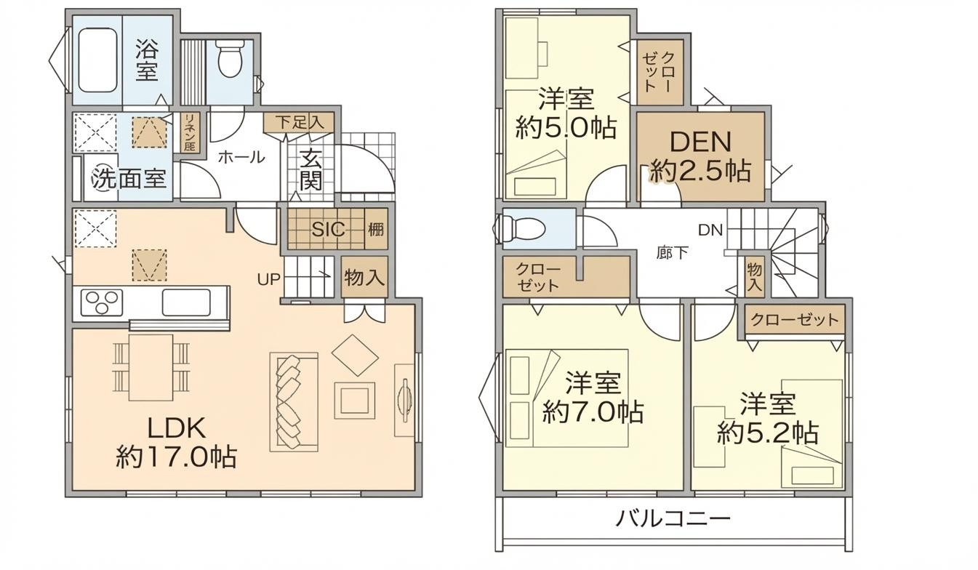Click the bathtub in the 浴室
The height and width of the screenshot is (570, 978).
(97, 60)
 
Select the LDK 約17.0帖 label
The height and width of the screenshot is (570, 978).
(176, 441)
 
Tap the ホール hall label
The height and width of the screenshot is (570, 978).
(241, 156)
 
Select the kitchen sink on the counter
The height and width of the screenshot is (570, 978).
(185, 302)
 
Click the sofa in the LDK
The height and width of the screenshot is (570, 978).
(292, 402)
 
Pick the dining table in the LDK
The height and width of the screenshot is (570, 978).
(151, 367)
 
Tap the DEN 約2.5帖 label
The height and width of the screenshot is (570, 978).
(700, 156)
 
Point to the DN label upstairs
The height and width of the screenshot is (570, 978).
(710, 230)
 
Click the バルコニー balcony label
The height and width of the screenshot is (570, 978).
(673, 519)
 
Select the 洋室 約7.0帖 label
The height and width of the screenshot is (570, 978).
(593, 398)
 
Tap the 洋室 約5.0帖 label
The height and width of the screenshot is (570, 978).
(566, 113)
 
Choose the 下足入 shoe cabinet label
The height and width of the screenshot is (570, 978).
(299, 121)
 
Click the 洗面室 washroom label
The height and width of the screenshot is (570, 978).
(129, 178)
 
